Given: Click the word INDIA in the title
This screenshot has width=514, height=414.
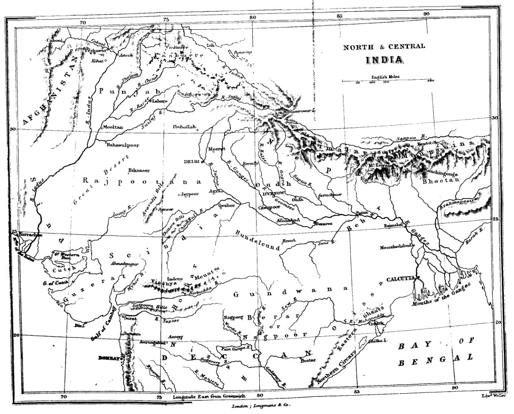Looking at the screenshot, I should coord(385,60).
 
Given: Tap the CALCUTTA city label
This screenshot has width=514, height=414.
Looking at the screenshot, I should coord(399,279).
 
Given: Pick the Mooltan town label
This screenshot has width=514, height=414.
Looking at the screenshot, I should coord(113,127).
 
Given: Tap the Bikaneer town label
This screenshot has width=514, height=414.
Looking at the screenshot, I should coord(139,170).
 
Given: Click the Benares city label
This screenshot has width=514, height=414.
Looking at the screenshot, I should coord(323,223).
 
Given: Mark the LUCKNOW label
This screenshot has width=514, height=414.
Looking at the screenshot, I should coord(274,194).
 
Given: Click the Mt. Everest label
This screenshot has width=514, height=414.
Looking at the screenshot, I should coord(380,166).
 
